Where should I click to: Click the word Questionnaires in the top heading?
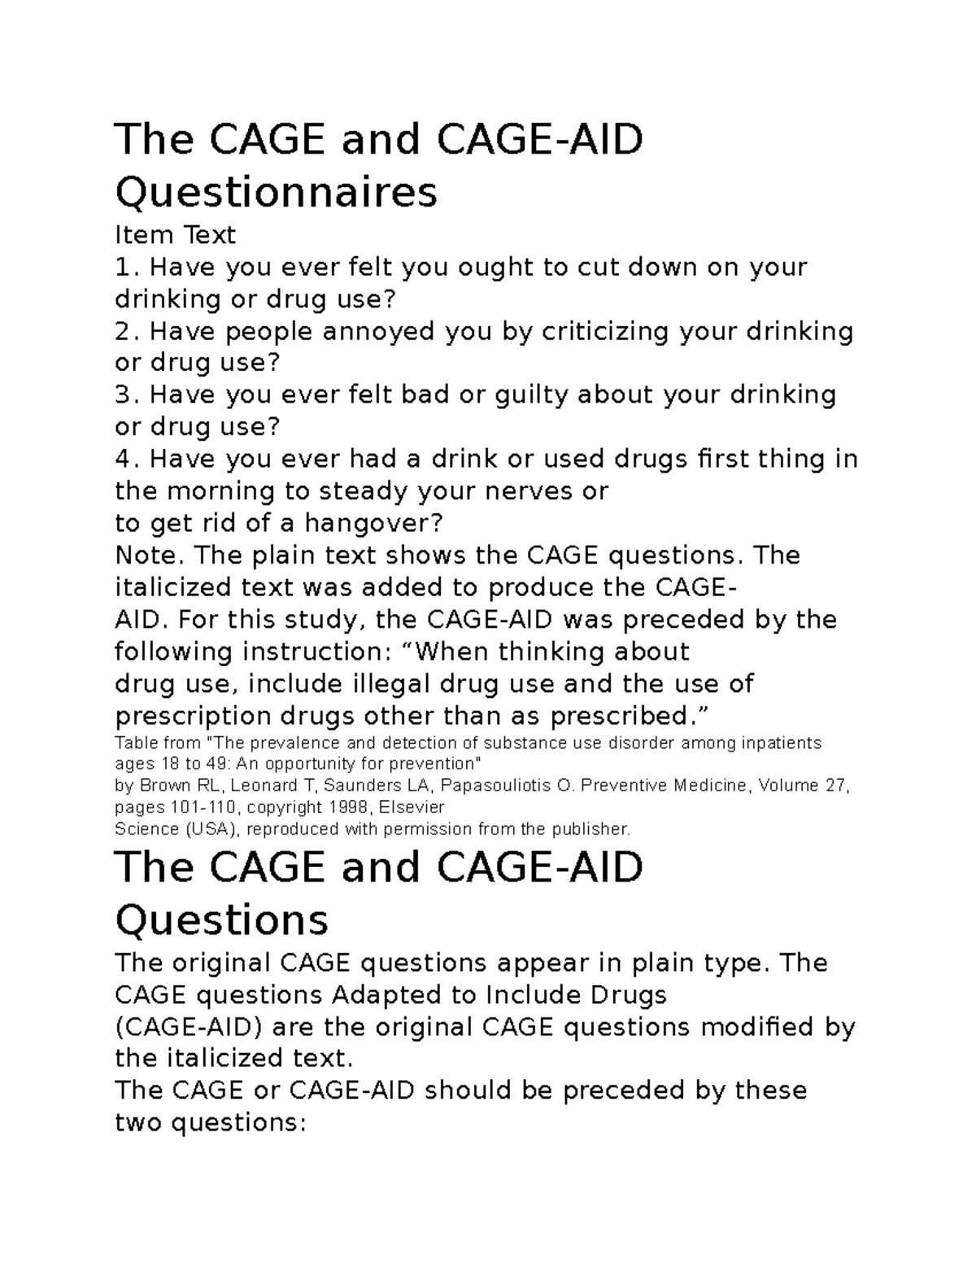pos(277,193)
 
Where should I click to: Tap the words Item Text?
pos(175,236)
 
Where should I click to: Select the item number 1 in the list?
pos(123,268)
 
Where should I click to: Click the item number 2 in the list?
pos(123,332)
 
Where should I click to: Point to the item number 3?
pos(123,395)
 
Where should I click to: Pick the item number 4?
pos(123,459)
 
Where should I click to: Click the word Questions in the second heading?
pos(222,921)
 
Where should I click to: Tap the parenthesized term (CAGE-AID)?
pos(189,1027)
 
